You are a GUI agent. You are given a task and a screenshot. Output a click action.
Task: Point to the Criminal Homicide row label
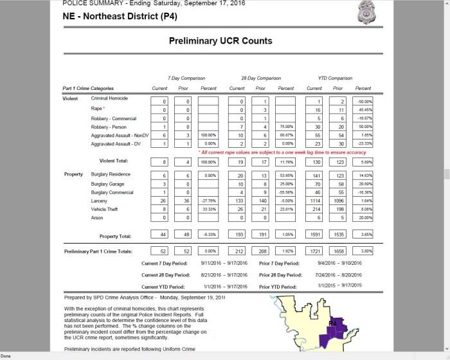point(109,98)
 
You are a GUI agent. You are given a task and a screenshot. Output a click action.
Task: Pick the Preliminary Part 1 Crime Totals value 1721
point(314,249)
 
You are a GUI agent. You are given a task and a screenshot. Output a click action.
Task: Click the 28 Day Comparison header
point(256,76)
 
